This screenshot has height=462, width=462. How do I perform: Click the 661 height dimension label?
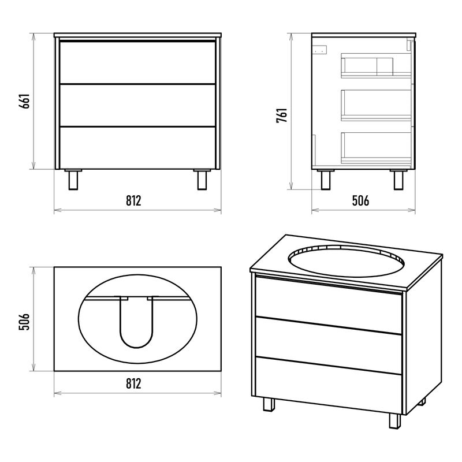tap(25, 101)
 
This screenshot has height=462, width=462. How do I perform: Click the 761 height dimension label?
tap(282, 115)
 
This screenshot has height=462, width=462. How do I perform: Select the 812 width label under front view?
tap(133, 200)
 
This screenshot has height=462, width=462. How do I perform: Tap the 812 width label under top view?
tap(133, 383)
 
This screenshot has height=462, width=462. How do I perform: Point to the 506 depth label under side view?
tap(360, 200)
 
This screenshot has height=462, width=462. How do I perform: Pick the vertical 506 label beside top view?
tap(25, 322)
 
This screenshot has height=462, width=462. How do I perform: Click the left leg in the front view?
tap(73, 180)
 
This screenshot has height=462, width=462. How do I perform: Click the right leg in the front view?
tap(202, 180)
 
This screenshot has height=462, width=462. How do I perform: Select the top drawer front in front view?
tap(137, 62)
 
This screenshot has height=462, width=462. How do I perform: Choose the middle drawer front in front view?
tap(137, 106)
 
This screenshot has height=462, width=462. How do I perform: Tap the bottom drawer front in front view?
tap(137, 148)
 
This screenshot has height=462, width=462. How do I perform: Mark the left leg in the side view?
tap(326, 180)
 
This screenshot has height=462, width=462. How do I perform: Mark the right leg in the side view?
tap(398, 180)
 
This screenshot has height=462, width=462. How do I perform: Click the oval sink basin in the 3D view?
tap(346, 261)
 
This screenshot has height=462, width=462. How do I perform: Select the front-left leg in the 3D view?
tap(269, 404)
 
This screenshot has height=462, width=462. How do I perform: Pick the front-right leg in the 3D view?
tap(395, 421)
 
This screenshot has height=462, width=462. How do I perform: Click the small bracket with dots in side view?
tap(320, 50)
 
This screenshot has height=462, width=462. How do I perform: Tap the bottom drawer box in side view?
tap(377, 148)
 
